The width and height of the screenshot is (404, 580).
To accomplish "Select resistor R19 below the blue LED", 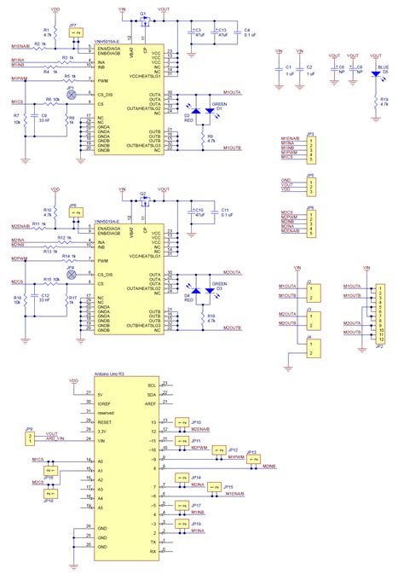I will (x=374, y=101).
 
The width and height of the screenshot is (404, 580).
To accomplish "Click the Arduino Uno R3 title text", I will (x=108, y=375).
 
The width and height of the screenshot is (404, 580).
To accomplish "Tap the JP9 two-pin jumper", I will (x=31, y=438).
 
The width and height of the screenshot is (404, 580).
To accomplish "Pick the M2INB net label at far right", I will (x=269, y=466).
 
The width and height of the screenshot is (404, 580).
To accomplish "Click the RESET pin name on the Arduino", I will (x=106, y=421).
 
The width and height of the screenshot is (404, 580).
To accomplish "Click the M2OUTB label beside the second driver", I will (x=233, y=327).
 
